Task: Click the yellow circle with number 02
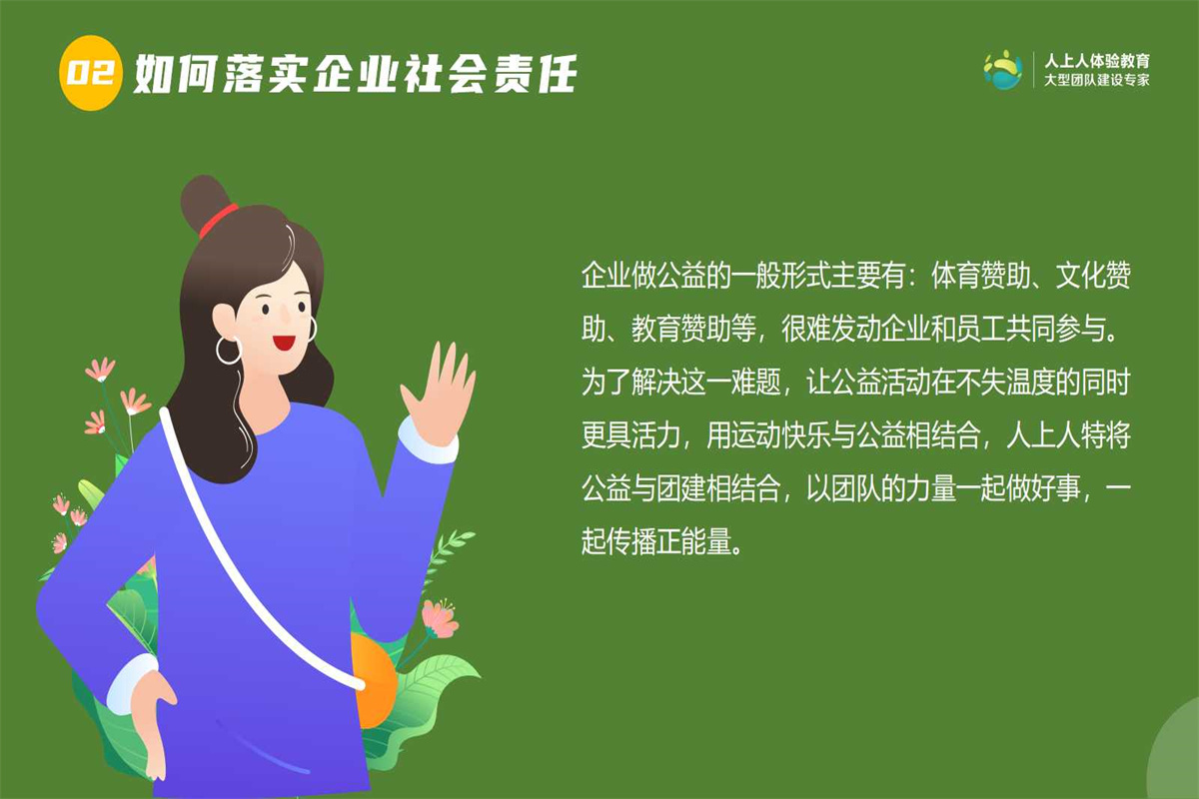(91, 73)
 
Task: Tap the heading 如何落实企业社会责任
(356, 74)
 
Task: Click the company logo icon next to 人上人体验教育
(1003, 70)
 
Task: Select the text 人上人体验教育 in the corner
(1097, 61)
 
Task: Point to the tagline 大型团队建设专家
(1097, 81)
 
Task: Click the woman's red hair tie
(219, 220)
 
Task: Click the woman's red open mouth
(283, 342)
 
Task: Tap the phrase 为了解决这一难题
(680, 383)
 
